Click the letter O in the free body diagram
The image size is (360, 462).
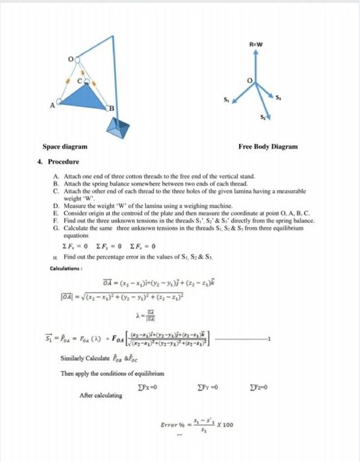(x=250, y=81)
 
